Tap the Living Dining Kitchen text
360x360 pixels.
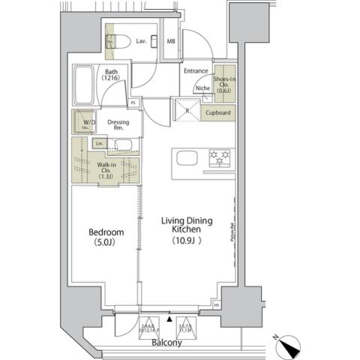tap(187, 226)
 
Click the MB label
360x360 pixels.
tap(171, 42)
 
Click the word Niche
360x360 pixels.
tap(202, 88)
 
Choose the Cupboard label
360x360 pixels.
tap(219, 112)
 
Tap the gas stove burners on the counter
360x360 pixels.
tap(219, 157)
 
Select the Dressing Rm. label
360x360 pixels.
tap(118, 124)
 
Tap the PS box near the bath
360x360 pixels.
tap(133, 102)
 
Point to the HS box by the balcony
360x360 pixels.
tap(217, 304)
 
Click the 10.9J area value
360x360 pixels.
tap(187, 242)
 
